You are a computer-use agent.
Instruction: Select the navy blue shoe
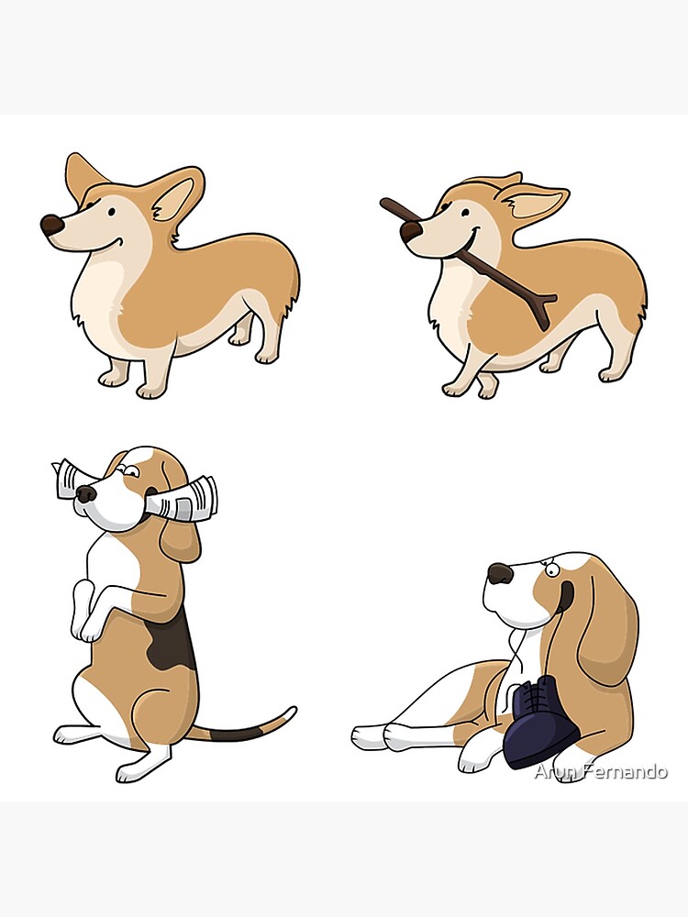pyautogui.click(x=541, y=729)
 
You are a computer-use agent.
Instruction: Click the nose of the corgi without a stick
pyautogui.click(x=51, y=225)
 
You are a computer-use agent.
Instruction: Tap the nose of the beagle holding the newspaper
pyautogui.click(x=86, y=494)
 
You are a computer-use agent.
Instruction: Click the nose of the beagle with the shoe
pyautogui.click(x=500, y=574)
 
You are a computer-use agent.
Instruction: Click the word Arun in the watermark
pyautogui.click(x=553, y=772)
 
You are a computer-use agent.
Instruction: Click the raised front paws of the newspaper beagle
pyautogui.click(x=86, y=624)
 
